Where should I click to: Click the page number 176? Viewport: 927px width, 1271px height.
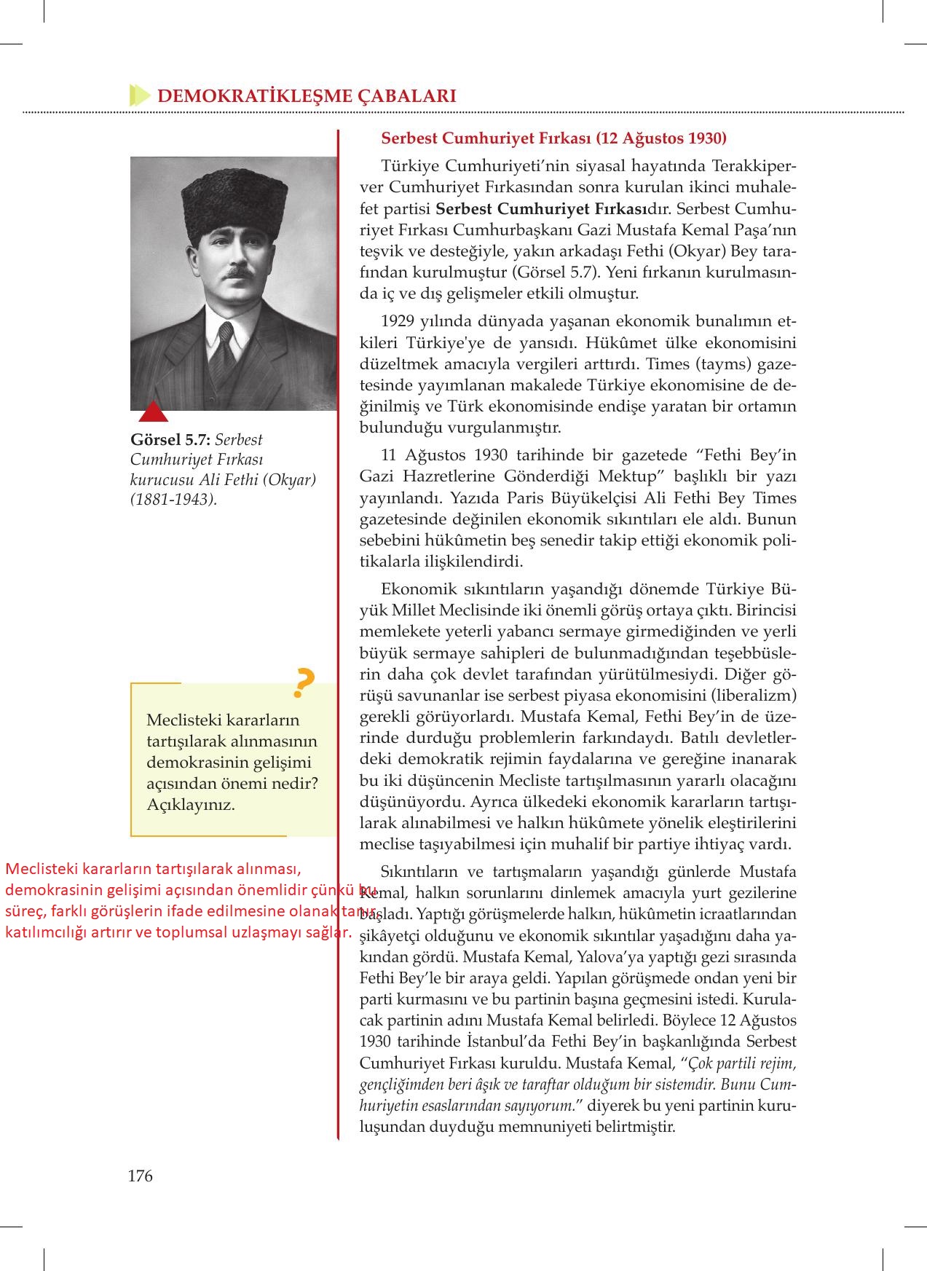click(x=140, y=1176)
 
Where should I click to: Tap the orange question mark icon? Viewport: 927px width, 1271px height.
click(x=302, y=683)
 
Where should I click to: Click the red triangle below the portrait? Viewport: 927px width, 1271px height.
click(x=153, y=412)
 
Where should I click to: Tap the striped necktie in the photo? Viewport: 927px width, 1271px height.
click(x=227, y=342)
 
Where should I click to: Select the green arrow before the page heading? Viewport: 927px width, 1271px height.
click(x=138, y=95)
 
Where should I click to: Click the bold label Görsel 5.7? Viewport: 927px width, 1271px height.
click(x=170, y=440)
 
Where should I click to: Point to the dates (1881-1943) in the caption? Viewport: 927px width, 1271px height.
click(x=173, y=500)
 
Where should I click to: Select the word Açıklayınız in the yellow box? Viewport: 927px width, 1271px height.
click(x=190, y=806)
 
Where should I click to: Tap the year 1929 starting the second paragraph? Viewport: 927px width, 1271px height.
click(x=398, y=321)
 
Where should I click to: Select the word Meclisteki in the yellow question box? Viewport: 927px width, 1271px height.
click(x=182, y=720)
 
